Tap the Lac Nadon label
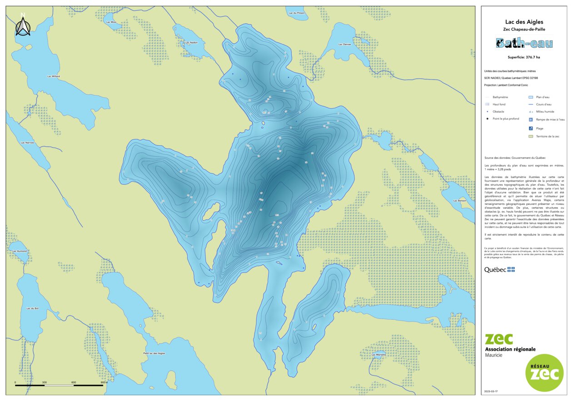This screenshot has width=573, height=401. [x=191, y=42]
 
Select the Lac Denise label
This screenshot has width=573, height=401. [x=344, y=44]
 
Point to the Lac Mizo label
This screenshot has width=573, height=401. [x=111, y=22]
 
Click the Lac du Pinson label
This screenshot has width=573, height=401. [x=297, y=13]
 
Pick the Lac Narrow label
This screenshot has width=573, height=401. [x=27, y=143]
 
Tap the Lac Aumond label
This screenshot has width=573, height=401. [x=20, y=251]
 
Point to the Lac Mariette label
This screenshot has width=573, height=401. [x=379, y=354]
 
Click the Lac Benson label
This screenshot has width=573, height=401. [x=459, y=200]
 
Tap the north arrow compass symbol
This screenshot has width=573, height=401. [x=22, y=26]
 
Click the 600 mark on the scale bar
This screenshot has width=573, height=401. [x=74, y=382]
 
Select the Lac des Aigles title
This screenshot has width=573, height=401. [x=524, y=22]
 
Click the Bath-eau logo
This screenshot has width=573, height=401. [x=524, y=44]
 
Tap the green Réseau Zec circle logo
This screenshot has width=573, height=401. [x=544, y=372]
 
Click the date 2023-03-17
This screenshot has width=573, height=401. [x=491, y=391]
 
